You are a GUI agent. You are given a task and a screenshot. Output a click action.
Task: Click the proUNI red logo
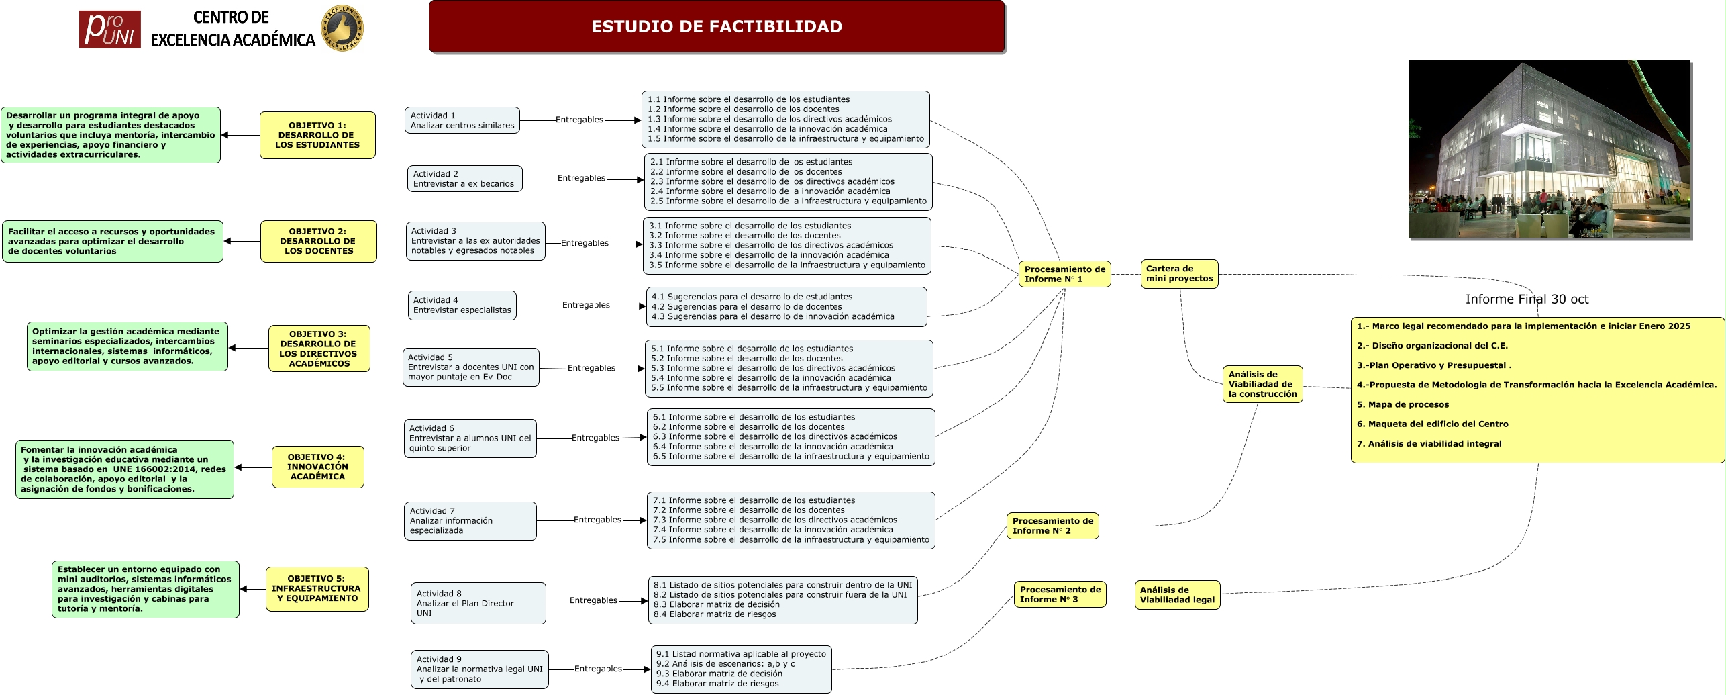coord(109,30)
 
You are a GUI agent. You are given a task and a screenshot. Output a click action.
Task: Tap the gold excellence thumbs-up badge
coord(342,29)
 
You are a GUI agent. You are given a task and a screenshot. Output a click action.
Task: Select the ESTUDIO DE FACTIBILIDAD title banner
coord(716,27)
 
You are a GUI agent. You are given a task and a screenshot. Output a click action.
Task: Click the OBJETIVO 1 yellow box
coord(317,135)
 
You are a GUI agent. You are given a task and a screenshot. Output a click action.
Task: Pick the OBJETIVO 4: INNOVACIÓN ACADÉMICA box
coord(317,467)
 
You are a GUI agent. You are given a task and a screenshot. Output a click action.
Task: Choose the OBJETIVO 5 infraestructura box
coord(317,589)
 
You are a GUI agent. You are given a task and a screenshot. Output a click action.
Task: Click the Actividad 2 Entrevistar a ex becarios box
coord(464,179)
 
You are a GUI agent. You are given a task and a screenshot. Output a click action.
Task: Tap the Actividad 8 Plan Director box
coord(478,603)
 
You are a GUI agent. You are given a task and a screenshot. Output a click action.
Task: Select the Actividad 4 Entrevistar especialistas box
coord(462,306)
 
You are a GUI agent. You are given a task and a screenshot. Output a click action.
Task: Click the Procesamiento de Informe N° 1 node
coord(1064,274)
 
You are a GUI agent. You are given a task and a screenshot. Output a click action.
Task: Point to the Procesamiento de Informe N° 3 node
coord(1060,594)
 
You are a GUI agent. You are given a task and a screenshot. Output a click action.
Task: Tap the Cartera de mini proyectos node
coord(1179,274)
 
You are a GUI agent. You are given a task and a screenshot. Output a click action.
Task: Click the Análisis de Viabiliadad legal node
coord(1177,595)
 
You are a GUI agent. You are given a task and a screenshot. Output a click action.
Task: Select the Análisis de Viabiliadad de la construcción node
coord(1262,384)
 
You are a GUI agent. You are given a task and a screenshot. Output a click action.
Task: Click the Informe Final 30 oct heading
coord(1527,299)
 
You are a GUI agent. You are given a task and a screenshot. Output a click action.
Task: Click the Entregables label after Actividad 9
coord(598,669)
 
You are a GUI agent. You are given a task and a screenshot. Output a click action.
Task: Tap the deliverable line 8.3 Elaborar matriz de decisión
coord(716,604)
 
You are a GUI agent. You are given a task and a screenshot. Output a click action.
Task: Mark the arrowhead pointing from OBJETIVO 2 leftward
coord(227,241)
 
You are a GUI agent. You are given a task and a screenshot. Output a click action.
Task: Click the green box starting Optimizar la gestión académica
coord(127,346)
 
